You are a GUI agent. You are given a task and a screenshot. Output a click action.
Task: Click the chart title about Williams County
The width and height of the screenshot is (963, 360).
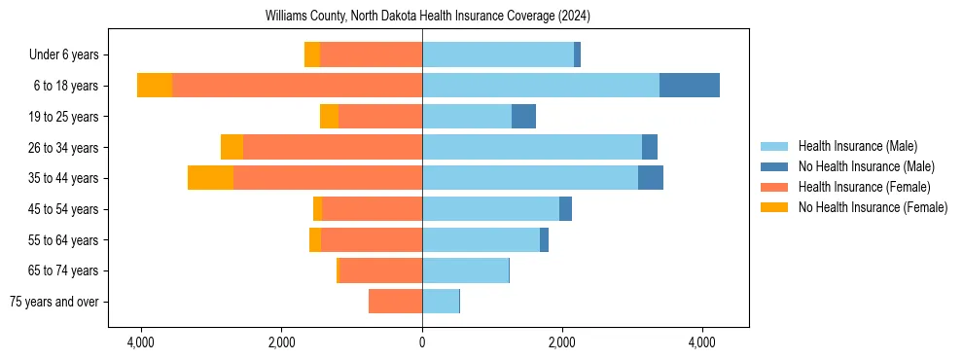coord(428,17)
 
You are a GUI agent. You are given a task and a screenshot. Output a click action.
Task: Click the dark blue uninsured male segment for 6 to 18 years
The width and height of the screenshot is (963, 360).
coord(689,86)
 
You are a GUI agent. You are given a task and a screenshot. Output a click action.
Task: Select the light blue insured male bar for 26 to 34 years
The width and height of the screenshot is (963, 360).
coord(531,148)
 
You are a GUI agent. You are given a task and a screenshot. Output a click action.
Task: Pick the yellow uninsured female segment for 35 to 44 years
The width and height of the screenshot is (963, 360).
coord(210,178)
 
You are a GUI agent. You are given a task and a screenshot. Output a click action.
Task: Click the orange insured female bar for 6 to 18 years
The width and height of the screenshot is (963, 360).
coord(297,86)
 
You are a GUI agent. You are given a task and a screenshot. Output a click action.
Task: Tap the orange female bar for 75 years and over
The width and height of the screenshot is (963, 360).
coord(395,302)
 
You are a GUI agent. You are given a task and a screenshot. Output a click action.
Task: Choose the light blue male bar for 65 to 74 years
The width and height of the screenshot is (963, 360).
coord(465,270)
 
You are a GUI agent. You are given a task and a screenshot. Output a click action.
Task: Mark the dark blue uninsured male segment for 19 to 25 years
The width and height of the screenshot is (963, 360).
coord(523,117)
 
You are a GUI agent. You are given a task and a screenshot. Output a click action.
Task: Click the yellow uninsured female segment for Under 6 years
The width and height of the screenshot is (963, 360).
coord(312,55)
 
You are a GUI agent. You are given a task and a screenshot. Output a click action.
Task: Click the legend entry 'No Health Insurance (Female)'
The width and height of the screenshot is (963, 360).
coord(873,207)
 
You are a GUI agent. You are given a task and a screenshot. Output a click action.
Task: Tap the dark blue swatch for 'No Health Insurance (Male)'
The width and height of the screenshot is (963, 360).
coord(774,166)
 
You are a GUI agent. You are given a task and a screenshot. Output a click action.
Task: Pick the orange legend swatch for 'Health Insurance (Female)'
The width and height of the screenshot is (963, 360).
coord(774,187)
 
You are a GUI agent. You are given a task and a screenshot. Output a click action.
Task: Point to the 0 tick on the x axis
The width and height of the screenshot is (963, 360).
coord(422,343)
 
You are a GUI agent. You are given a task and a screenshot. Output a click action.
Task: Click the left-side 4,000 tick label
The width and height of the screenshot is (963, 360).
coord(141,343)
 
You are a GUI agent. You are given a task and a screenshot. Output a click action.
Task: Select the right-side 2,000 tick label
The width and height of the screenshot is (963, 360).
coord(561,343)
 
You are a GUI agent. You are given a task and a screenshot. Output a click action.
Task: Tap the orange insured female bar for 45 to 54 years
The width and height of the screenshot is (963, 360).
coord(372,209)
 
